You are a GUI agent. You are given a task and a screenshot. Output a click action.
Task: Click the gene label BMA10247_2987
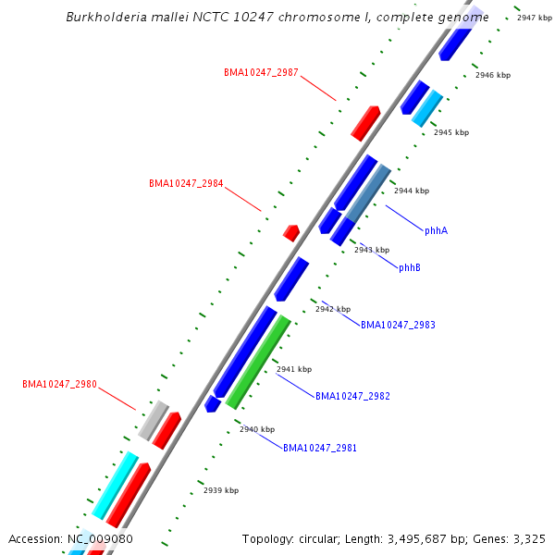coord(261,72)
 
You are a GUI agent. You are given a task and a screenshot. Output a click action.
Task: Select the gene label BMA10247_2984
coord(186,183)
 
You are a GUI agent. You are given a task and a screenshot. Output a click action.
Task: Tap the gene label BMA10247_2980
coord(59,384)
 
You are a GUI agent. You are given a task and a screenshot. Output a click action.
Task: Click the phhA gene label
coord(436,230)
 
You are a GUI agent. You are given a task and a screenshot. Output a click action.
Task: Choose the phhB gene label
coord(410,267)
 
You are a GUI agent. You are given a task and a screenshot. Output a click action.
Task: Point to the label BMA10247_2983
coord(398,325)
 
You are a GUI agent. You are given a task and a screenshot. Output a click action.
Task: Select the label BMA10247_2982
coord(352,396)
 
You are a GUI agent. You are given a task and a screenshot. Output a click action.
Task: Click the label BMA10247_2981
coord(320,448)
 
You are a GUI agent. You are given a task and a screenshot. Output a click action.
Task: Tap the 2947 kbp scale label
coord(535,18)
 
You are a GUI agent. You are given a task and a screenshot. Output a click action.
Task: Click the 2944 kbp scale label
coord(412,191)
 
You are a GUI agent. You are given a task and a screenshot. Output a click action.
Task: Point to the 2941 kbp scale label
coord(294,369)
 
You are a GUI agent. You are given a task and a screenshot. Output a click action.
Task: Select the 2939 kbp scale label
coord(221,490)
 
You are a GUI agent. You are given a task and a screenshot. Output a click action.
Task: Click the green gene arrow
coord(259,362)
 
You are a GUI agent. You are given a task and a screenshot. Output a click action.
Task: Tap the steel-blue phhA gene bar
coord(368,192)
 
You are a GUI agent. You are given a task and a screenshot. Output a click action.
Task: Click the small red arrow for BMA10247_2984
coord(291,232)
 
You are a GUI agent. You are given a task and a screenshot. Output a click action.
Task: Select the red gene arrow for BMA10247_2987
coord(365,123)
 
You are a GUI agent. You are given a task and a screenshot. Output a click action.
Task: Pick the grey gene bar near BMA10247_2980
coord(153,420)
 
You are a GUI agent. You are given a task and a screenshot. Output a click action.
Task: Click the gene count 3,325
coord(527,538)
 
